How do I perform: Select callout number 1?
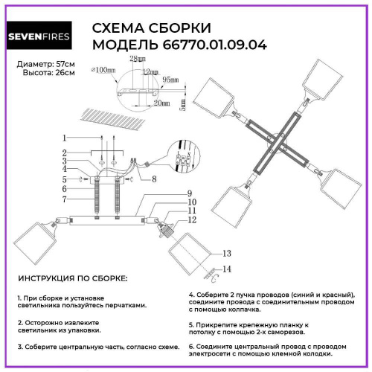(x=65, y=138)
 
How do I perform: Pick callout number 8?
(x=154, y=179)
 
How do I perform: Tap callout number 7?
(x=65, y=199)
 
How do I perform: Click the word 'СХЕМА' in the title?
(x=118, y=28)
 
